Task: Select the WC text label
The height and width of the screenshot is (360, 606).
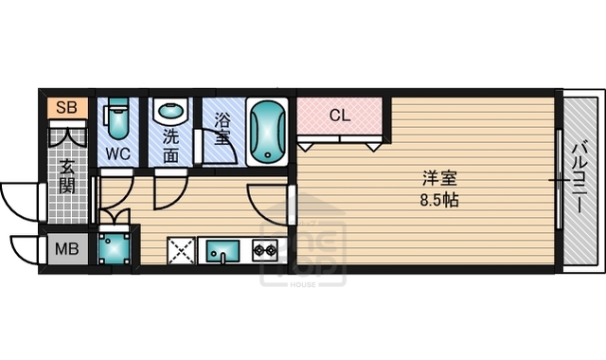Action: tap(118, 153)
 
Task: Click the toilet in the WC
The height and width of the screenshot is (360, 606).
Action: tap(118, 120)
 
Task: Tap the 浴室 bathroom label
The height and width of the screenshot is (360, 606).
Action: tap(223, 129)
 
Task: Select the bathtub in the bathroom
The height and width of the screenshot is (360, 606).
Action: tap(267, 131)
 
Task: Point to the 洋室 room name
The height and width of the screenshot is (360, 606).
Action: tap(437, 177)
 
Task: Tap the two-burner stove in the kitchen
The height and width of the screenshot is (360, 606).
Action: tap(263, 250)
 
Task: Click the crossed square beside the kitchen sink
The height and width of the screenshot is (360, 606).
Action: tap(181, 250)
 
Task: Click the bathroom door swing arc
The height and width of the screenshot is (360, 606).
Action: tap(214, 152)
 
